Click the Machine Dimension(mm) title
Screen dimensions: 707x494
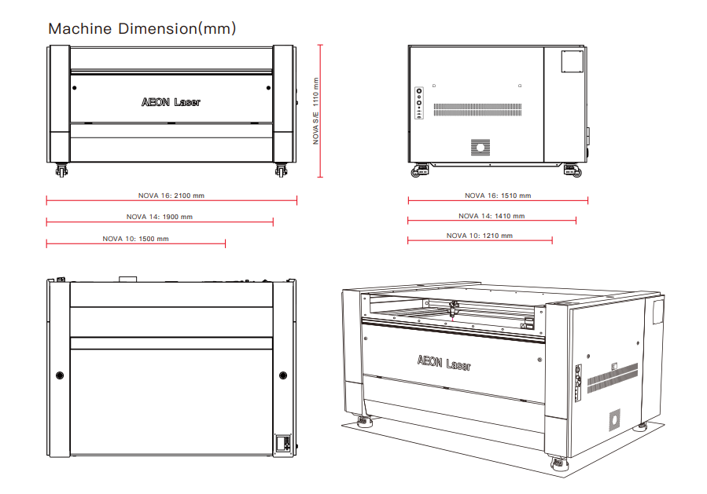click(142, 29)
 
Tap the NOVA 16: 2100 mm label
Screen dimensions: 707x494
click(171, 196)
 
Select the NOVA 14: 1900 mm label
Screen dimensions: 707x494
click(160, 217)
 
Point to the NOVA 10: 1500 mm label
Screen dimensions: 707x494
click(136, 239)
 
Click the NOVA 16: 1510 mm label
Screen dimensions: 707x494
click(498, 196)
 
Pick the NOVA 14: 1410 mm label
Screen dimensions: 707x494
click(492, 216)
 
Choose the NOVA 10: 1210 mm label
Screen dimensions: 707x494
click(479, 236)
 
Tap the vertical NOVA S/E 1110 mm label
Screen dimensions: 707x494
click(315, 112)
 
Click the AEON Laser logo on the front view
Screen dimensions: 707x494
click(171, 102)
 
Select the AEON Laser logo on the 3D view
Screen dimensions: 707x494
click(444, 363)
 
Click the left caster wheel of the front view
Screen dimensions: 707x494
click(61, 170)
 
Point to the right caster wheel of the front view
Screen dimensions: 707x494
click(281, 170)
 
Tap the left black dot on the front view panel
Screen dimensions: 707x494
click(75, 88)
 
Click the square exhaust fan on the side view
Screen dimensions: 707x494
click(481, 147)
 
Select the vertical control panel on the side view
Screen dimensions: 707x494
click(419, 103)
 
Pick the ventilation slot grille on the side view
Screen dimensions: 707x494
click(477, 109)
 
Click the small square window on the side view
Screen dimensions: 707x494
click(573, 61)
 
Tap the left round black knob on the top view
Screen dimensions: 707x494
click(60, 375)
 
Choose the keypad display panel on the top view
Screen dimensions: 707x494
click(284, 443)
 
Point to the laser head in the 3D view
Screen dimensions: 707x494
click(453, 309)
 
